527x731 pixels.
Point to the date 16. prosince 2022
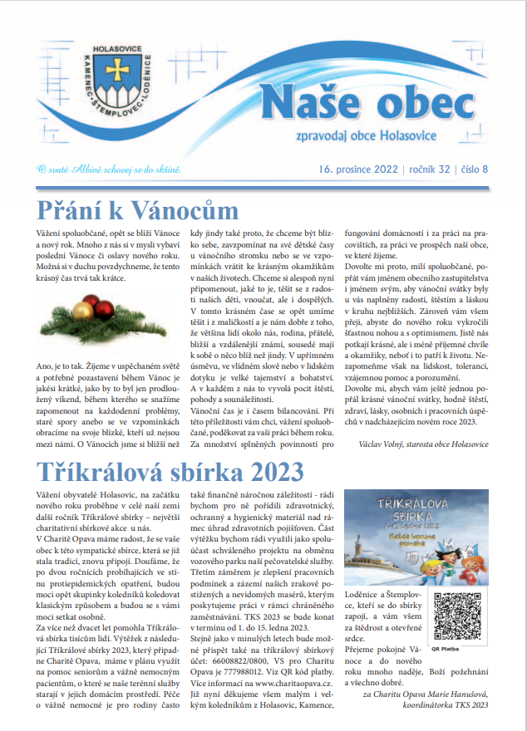click(357, 169)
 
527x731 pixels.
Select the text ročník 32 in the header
click(427, 169)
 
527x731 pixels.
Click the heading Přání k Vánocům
click(138, 209)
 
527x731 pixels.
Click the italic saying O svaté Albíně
click(108, 169)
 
